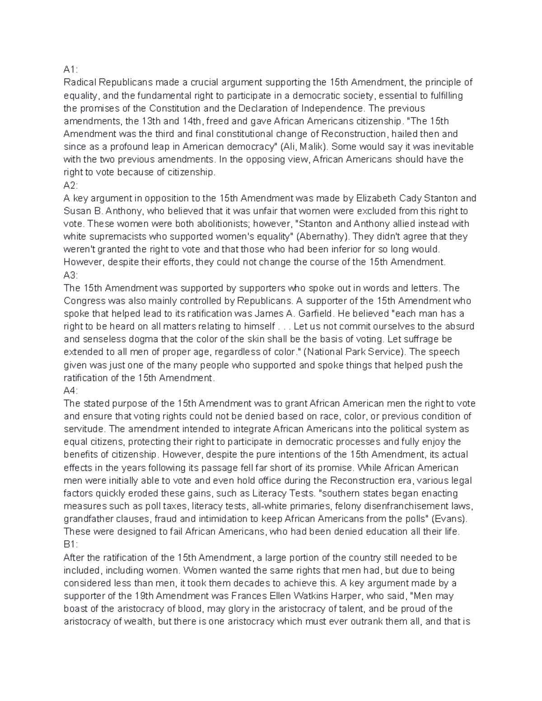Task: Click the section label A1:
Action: pyautogui.click(x=70, y=70)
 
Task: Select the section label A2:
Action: pyautogui.click(x=70, y=185)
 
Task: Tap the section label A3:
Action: pyautogui.click(x=70, y=275)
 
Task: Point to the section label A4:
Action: pyautogui.click(x=70, y=390)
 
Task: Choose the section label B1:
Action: pyautogui.click(x=70, y=545)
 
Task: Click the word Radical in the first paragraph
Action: pyautogui.click(x=80, y=82)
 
